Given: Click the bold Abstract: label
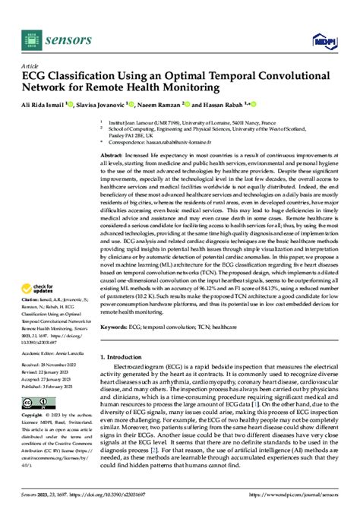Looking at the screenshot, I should click(x=112, y=154).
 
